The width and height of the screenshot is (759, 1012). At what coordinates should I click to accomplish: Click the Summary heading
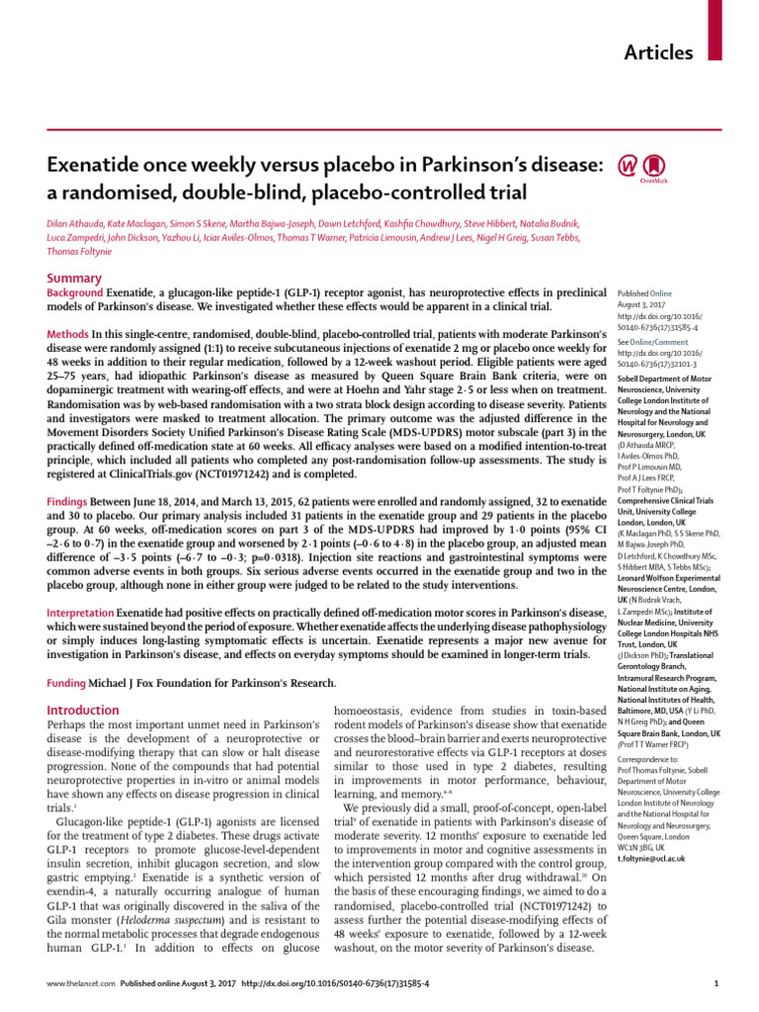pos(75,250)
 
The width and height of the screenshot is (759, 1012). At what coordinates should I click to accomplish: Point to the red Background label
pos(75,266)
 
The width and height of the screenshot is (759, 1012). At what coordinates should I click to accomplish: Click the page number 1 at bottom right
pos(714,983)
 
